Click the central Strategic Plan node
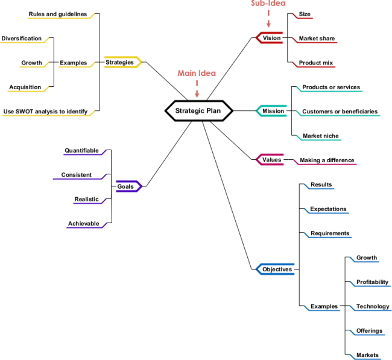(198, 110)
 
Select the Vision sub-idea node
(271, 38)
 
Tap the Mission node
(273, 111)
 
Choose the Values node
(271, 160)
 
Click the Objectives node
(276, 270)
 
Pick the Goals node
(126, 187)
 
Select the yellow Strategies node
(120, 62)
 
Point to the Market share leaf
(317, 39)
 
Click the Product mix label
(316, 63)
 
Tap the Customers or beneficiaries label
(340, 112)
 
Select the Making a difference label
(327, 160)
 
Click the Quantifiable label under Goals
(81, 151)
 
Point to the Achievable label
(83, 224)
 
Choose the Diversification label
(22, 39)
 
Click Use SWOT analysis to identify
(45, 111)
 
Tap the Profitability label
(372, 282)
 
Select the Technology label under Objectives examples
(373, 306)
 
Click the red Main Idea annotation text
(197, 74)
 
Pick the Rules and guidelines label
(58, 14)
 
